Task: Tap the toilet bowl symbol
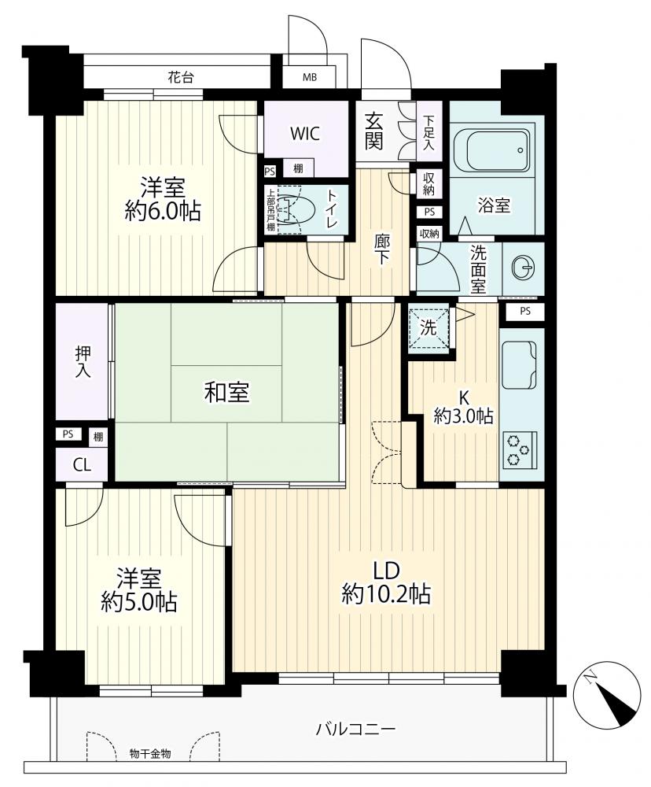pyautogui.click(x=296, y=209)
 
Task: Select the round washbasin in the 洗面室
pyautogui.click(x=523, y=268)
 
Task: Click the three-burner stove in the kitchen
pyautogui.click(x=518, y=449)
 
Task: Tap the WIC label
pyautogui.click(x=305, y=134)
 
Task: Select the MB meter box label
pyautogui.click(x=310, y=78)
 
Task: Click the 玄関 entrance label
pyautogui.click(x=374, y=131)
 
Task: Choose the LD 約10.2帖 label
pyautogui.click(x=385, y=582)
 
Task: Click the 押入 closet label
pyautogui.click(x=83, y=361)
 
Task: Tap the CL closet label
pyautogui.click(x=82, y=465)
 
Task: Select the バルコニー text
pyautogui.click(x=355, y=728)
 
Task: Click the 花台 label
pyautogui.click(x=181, y=77)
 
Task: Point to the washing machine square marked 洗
pyautogui.click(x=428, y=328)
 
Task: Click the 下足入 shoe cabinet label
pyautogui.click(x=429, y=133)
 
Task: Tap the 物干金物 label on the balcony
pyautogui.click(x=150, y=753)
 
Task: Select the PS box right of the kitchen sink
pyautogui.click(x=524, y=311)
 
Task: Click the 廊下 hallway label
pyautogui.click(x=382, y=249)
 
